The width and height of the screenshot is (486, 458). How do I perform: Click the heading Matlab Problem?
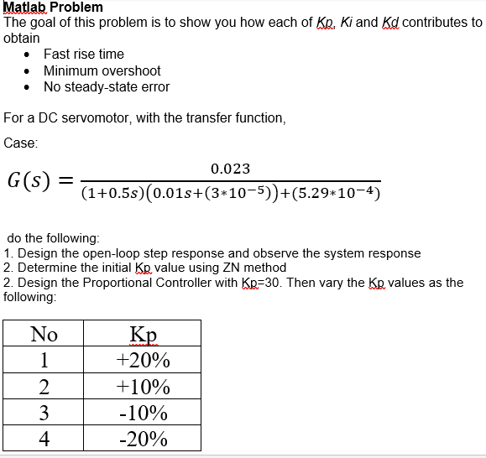(x=53, y=7)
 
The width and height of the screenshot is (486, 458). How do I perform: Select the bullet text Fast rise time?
(x=84, y=54)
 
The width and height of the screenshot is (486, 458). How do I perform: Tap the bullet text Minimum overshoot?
(x=102, y=70)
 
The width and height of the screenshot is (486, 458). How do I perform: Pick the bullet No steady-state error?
(x=107, y=86)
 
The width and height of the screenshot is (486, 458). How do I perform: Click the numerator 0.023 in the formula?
(x=232, y=169)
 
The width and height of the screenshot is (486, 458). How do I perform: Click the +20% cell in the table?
(x=143, y=361)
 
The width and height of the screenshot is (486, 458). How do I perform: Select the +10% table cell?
(x=143, y=387)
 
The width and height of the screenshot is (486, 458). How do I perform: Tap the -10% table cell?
(x=143, y=413)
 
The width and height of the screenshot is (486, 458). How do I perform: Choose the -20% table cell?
(x=143, y=439)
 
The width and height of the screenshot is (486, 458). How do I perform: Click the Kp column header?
(x=143, y=334)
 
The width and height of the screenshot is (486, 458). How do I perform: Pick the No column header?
(x=44, y=334)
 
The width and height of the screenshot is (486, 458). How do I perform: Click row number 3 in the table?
(x=44, y=413)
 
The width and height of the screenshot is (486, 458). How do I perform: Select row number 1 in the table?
(x=44, y=361)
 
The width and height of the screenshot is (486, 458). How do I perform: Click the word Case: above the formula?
(x=21, y=143)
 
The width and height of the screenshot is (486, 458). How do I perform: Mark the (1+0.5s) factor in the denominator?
(x=112, y=194)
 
